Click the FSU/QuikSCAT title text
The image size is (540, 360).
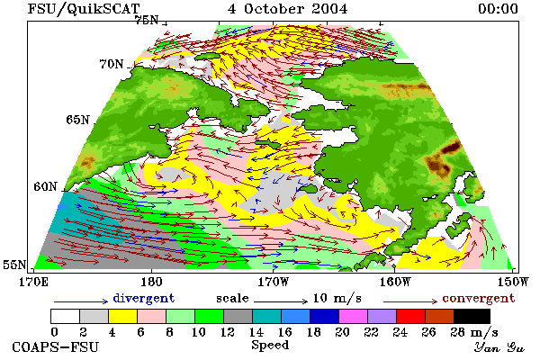(x=84, y=9)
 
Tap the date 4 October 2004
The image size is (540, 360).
(x=287, y=9)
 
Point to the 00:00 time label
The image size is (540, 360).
(x=498, y=9)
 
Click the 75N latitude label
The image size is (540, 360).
(x=146, y=21)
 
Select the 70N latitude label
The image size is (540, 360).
(x=112, y=64)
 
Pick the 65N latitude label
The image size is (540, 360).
(x=77, y=120)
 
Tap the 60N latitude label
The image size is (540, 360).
(x=45, y=186)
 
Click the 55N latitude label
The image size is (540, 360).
(x=14, y=265)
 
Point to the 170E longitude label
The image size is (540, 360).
(x=33, y=282)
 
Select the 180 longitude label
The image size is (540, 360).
(x=151, y=282)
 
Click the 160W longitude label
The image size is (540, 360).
(x=395, y=282)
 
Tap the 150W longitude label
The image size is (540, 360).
(x=513, y=282)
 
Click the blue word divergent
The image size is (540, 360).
(x=144, y=298)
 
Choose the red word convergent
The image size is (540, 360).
(x=479, y=298)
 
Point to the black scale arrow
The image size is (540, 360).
(x=281, y=301)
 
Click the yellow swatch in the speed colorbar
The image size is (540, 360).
(x=123, y=316)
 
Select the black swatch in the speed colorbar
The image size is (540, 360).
(x=472, y=316)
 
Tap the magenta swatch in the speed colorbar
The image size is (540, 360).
(x=354, y=316)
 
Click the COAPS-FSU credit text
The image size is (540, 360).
(x=55, y=346)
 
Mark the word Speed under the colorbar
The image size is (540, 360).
(x=270, y=346)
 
